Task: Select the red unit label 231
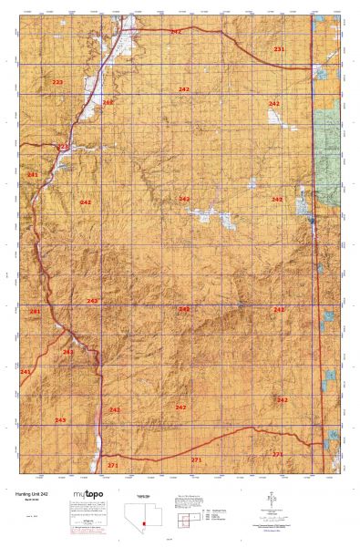279,48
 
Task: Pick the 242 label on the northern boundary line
175,32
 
